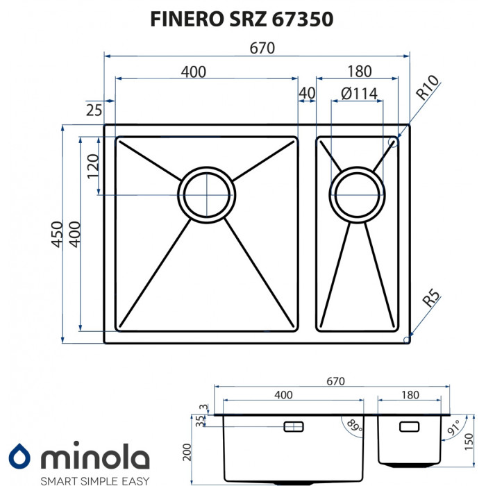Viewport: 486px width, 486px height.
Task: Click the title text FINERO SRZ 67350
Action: pos(242,19)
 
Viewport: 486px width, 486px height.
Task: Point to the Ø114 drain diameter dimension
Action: pos(359,92)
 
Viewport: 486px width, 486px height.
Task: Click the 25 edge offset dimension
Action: pos(94,108)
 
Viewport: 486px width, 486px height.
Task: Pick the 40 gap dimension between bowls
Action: pos(307,92)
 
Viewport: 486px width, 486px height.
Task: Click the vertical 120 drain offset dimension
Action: pos(92,167)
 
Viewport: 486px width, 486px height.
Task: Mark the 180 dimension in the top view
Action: pos(359,71)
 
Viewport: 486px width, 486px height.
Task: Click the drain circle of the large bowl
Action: pos(206,194)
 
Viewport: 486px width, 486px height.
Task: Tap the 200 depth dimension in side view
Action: pos(186,453)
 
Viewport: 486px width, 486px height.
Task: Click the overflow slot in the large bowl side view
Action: pos(294,425)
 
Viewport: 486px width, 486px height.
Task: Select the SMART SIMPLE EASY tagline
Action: pos(94,479)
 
